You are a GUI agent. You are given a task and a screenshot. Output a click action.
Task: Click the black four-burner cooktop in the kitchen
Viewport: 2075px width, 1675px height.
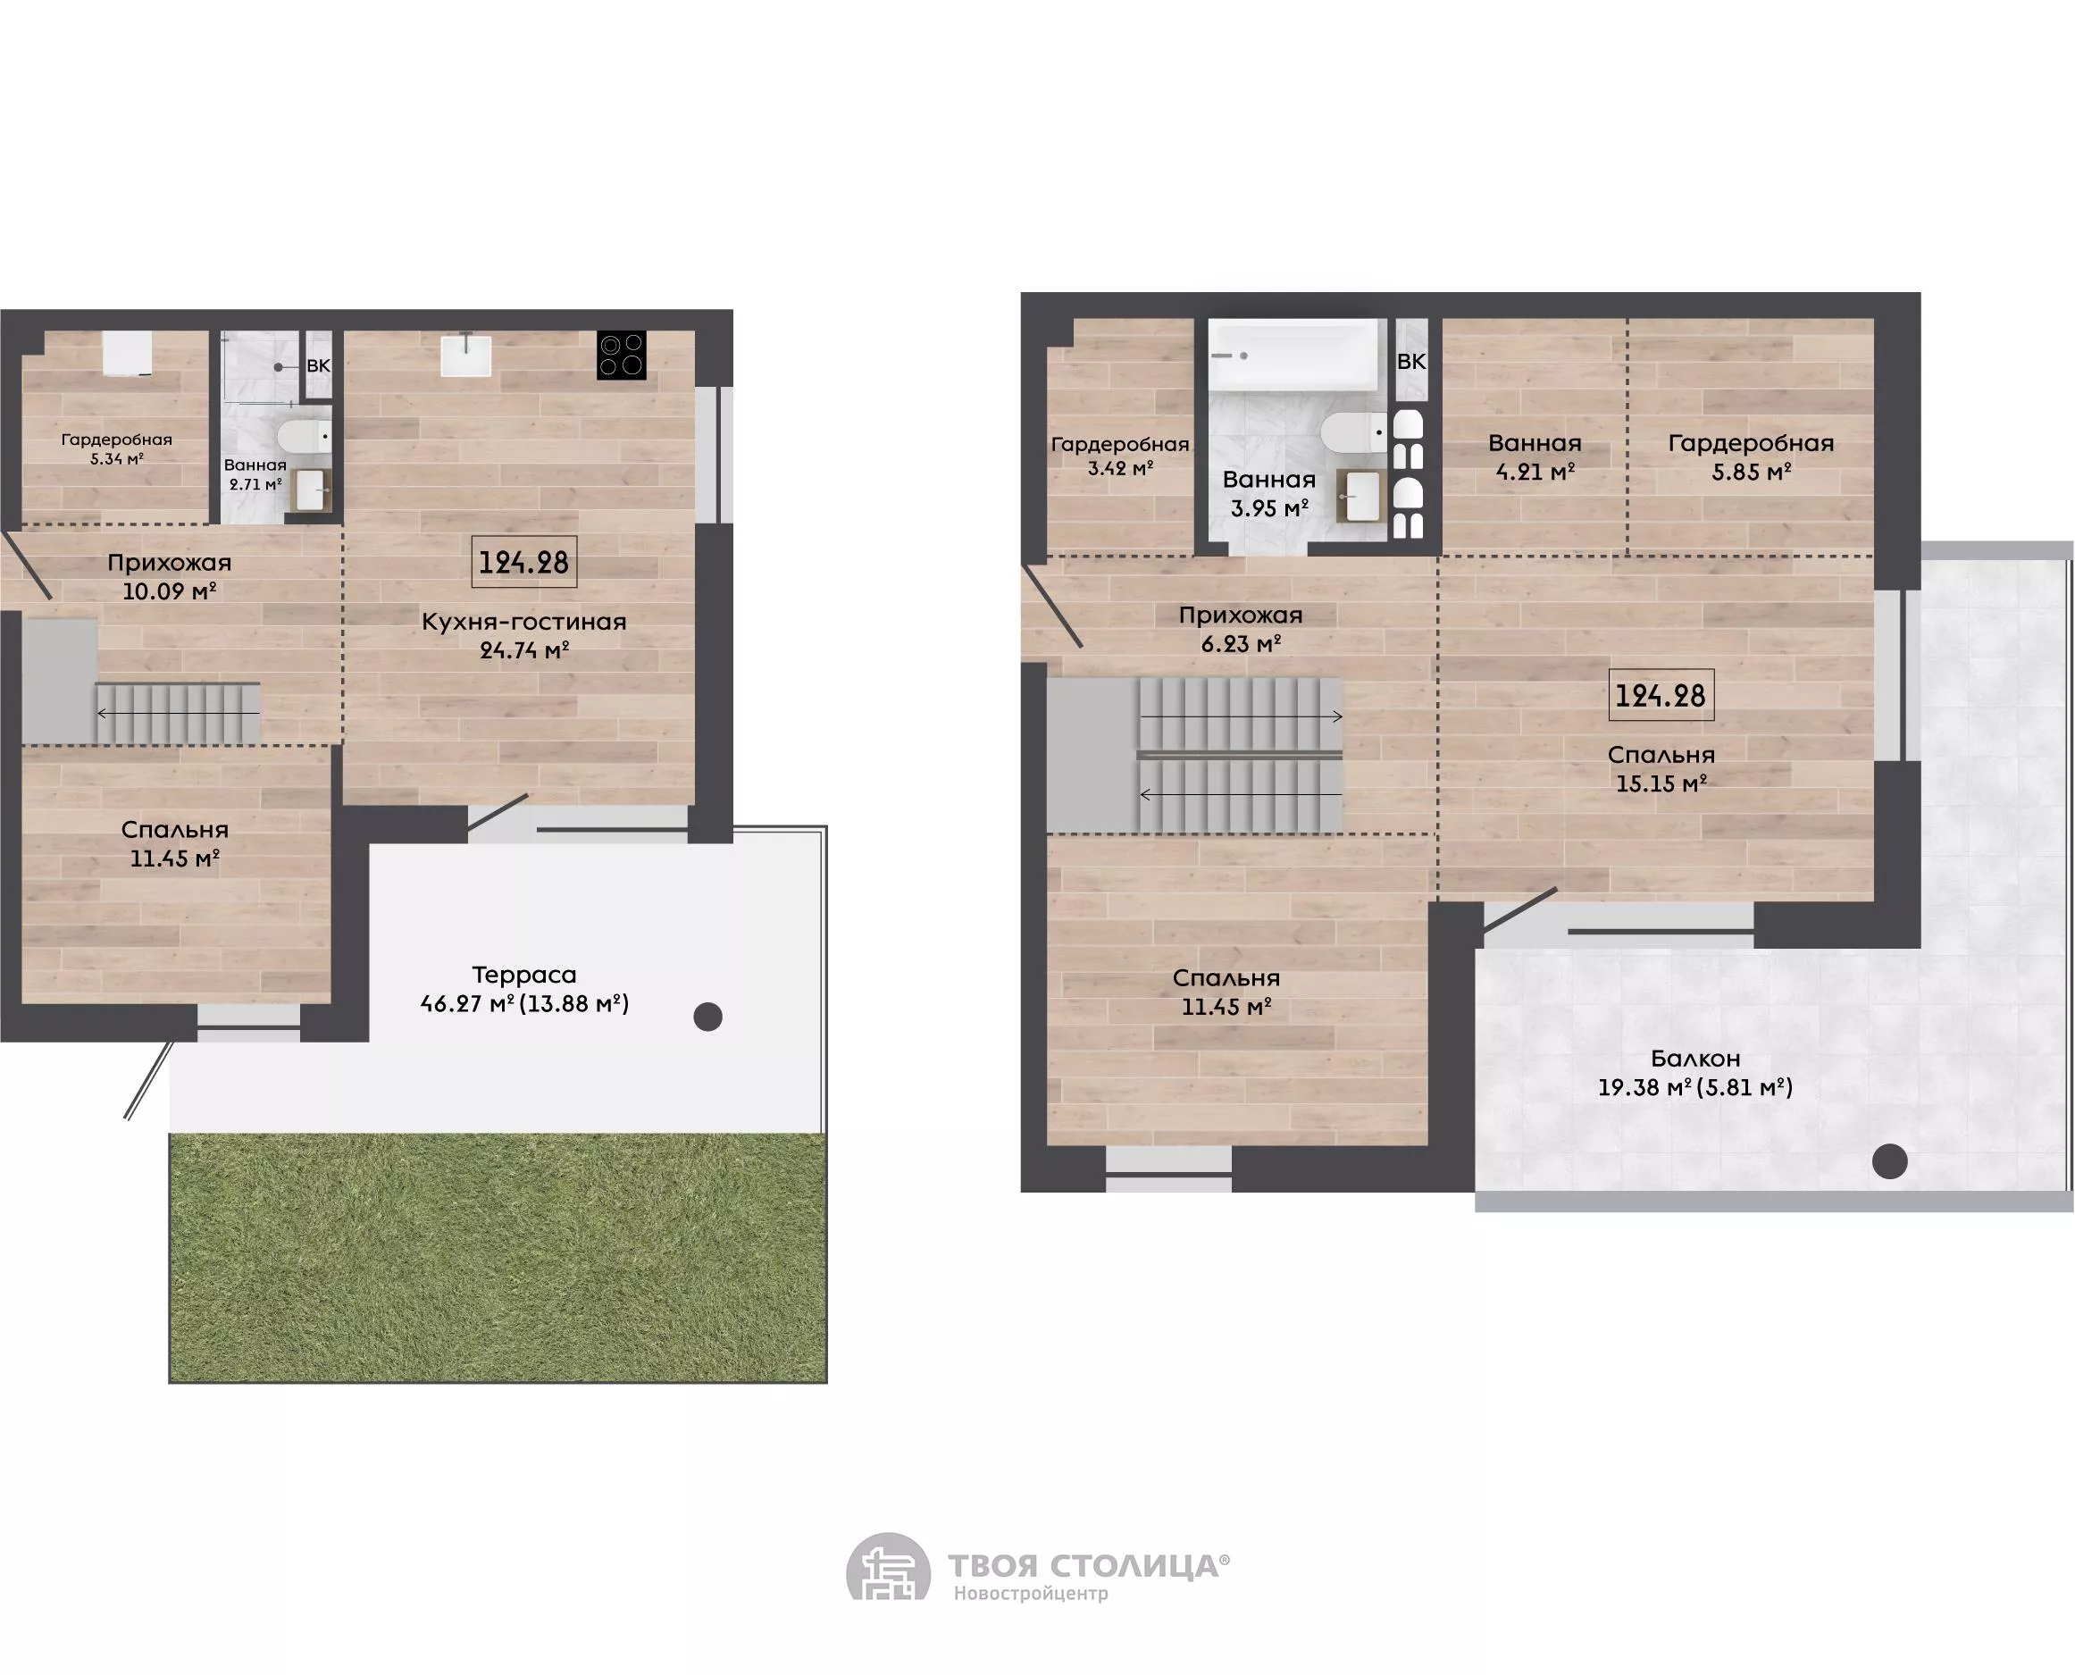[621, 354]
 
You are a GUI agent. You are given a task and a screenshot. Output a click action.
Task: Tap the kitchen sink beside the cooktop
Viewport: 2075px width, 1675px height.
[466, 354]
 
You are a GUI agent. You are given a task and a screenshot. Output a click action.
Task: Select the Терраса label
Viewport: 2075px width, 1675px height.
[523, 975]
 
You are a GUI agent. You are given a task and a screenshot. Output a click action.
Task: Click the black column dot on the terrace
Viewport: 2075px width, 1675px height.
[708, 1016]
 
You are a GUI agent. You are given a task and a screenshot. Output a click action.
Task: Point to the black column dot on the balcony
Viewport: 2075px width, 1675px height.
[1890, 1160]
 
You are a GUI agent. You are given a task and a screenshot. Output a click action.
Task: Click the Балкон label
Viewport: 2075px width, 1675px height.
[1694, 1059]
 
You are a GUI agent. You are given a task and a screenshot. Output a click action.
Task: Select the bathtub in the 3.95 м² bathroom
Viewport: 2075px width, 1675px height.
[1293, 355]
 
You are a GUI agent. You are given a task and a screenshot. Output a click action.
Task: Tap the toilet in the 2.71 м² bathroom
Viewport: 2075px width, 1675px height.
[305, 435]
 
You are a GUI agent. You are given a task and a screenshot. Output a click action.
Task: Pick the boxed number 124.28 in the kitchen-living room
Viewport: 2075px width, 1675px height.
[523, 562]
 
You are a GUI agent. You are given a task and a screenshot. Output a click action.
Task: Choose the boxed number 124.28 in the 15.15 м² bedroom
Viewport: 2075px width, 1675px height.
[1661, 695]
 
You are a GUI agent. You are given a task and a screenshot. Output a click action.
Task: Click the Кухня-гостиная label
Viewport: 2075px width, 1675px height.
[523, 622]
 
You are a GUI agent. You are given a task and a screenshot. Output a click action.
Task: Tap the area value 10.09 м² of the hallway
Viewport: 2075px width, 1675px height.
[169, 590]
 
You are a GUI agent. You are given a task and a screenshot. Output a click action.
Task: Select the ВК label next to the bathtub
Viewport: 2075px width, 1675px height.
[1411, 362]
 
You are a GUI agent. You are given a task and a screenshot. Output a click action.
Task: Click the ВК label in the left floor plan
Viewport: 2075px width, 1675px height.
[318, 365]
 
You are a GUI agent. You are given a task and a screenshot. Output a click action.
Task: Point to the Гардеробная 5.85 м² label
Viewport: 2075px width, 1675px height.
[1751, 456]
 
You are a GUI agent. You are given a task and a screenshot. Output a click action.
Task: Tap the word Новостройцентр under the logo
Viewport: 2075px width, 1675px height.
[1031, 1593]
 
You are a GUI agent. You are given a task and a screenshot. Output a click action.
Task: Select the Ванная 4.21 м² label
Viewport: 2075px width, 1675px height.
[1535, 456]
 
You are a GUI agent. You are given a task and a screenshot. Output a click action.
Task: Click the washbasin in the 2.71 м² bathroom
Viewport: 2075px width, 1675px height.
[311, 490]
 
